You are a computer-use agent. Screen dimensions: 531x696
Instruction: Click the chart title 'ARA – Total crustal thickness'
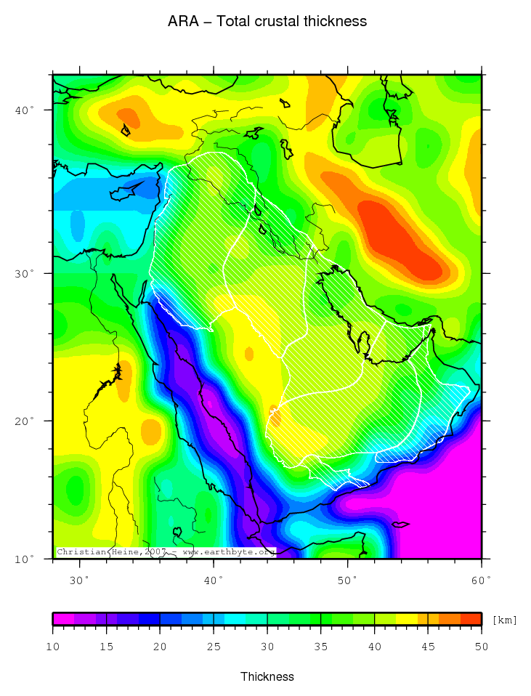coord(267,22)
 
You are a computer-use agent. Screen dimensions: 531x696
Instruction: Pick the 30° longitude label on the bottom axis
coord(79,580)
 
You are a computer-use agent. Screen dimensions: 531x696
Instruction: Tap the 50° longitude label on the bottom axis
coord(348,580)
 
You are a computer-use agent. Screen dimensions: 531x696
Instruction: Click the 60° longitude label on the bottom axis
coord(482,580)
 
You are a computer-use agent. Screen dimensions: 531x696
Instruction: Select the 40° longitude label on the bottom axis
coord(214,580)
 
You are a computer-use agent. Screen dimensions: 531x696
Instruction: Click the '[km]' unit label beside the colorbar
coord(505,620)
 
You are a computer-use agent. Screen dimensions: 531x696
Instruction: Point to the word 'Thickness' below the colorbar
coord(267,676)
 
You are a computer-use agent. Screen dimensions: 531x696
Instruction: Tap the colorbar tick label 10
coord(53,647)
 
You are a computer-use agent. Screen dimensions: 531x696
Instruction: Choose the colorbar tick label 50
coord(481,647)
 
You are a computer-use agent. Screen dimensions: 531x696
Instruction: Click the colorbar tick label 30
coord(267,647)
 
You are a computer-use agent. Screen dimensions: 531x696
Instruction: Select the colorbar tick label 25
coord(214,647)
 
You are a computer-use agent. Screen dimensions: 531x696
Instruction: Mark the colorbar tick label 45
coord(428,647)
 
